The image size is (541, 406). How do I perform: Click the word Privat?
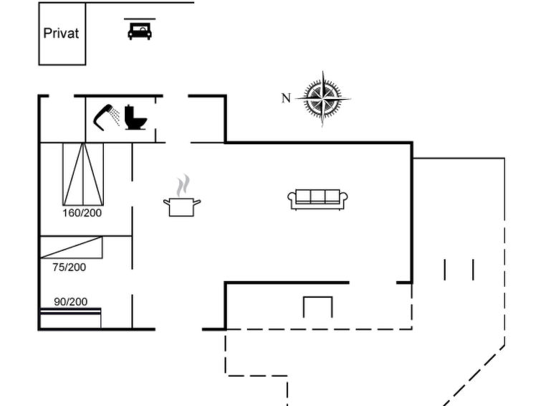[x=61, y=33]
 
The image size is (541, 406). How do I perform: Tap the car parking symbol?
[x=140, y=29]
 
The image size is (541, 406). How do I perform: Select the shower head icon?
[x=106, y=118]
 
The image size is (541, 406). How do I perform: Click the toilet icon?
[x=135, y=118]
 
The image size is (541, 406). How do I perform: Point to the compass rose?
[x=323, y=99]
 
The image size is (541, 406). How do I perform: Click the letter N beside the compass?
[x=286, y=98]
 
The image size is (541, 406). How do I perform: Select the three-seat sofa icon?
[x=317, y=199]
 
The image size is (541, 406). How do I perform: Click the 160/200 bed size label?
[x=82, y=213]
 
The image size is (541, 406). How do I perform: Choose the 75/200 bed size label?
[x=70, y=267]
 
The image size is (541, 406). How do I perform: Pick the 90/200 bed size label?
[x=71, y=302]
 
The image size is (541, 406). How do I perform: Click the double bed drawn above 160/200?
[x=83, y=174]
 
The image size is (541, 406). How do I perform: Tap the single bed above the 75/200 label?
[x=72, y=247]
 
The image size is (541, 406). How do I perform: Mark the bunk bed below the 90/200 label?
[x=71, y=318]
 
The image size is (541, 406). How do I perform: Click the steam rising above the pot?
[x=183, y=185]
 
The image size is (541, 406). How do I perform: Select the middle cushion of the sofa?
[x=317, y=197]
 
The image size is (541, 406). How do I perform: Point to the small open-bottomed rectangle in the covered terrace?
[x=317, y=297]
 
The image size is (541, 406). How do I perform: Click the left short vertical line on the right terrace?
[x=445, y=270]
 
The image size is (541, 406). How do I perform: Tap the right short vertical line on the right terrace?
[x=474, y=270]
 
